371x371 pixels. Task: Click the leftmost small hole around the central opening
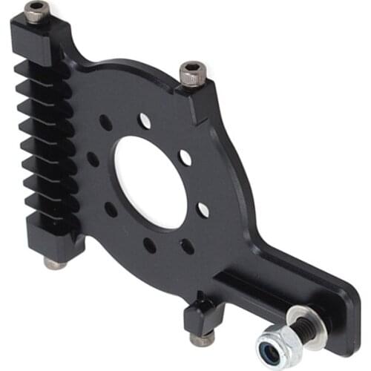tap(93, 159)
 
